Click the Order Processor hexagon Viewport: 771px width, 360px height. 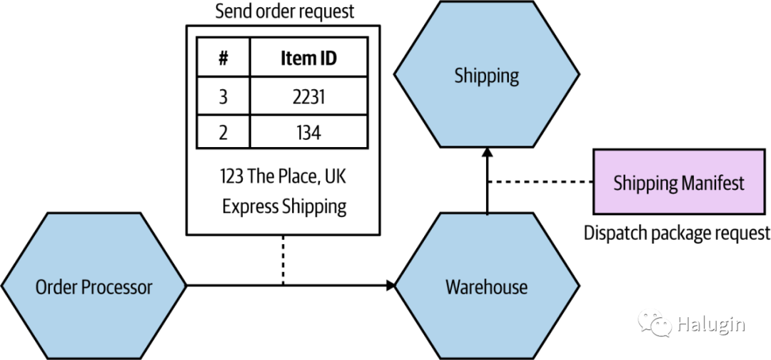94,287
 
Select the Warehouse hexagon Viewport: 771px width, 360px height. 486,287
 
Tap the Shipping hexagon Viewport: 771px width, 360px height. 486,75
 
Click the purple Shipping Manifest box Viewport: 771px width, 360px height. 678,183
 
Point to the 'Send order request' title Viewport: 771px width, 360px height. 283,11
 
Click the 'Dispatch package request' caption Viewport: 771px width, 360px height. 677,233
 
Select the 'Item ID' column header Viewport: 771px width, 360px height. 308,59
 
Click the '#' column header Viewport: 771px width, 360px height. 223,59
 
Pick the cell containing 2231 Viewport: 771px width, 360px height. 308,96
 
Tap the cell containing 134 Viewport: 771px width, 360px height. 308,132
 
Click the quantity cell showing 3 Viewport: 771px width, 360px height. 223,96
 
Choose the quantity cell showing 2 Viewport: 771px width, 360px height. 223,132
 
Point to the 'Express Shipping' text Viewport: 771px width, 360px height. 283,206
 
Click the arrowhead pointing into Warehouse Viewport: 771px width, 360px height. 390,286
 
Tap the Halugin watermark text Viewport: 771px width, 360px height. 710,325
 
